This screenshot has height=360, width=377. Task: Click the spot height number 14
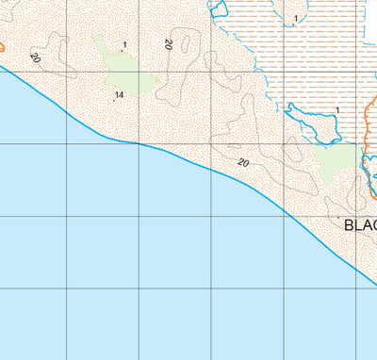120,95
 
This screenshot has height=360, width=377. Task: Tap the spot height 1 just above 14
124,44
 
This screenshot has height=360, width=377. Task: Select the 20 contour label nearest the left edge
35,57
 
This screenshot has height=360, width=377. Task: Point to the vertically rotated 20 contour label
168,44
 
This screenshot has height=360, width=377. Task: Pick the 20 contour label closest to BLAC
243,163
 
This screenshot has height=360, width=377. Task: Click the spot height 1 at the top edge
296,18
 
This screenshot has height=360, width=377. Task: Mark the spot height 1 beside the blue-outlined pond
336,110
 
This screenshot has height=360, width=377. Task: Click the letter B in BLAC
350,225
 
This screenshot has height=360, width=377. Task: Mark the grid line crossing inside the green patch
139,72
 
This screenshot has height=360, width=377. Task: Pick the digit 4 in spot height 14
123,95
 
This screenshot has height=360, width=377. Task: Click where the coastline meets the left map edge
1,67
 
